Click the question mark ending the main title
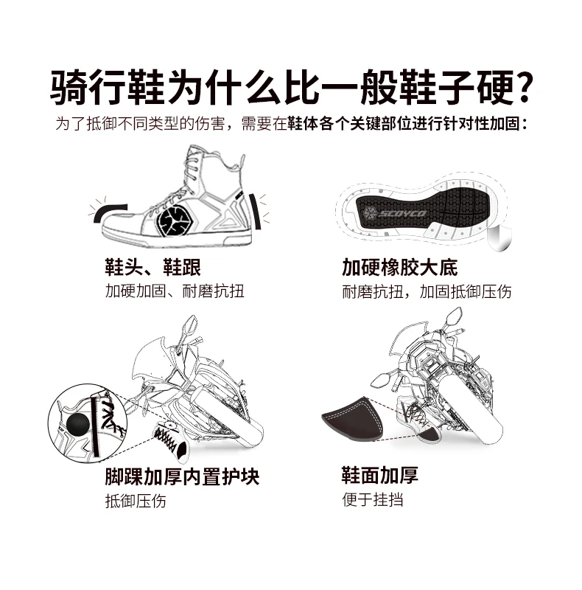[x=522, y=87]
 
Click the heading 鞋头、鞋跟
[x=152, y=267]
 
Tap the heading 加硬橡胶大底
[x=399, y=267]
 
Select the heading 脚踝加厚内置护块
[x=182, y=476]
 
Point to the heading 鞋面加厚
[x=379, y=475]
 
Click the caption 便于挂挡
[x=373, y=500]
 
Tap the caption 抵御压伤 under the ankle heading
[x=136, y=501]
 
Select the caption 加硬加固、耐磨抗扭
[x=175, y=291]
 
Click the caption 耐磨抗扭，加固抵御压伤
[x=427, y=291]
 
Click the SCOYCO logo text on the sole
[x=402, y=214]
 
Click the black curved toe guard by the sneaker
[x=110, y=213]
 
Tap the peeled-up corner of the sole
[x=499, y=237]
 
